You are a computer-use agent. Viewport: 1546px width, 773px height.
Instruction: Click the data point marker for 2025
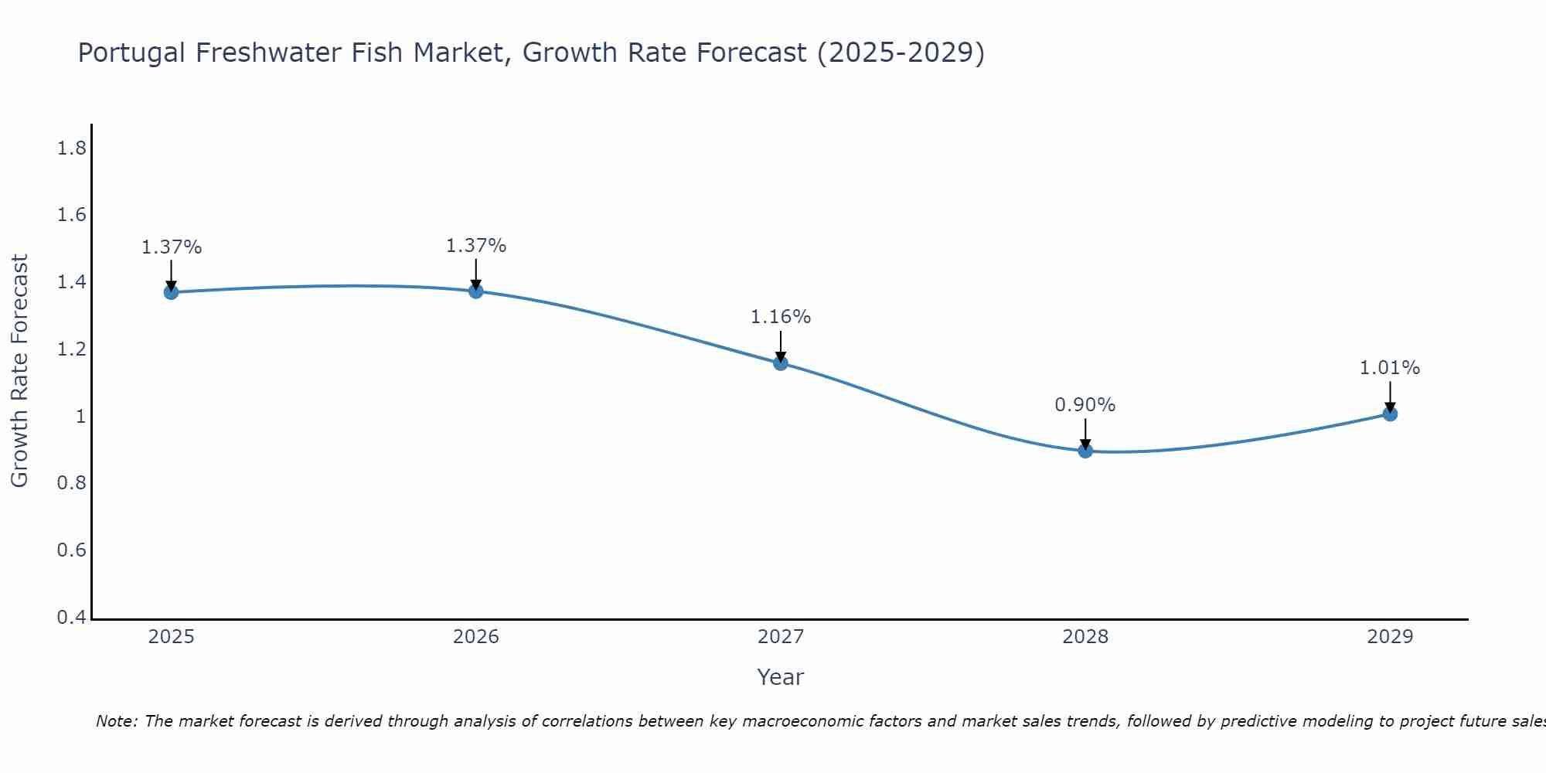171,292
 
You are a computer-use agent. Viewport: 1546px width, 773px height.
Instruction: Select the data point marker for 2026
475,291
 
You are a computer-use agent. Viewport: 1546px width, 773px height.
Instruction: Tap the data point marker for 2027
781,363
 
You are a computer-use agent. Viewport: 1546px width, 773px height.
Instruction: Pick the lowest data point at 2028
1085,451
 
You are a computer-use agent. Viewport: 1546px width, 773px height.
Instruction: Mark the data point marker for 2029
1390,414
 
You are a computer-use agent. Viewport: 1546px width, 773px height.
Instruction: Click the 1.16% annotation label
781,317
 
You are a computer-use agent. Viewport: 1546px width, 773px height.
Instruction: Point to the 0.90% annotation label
1085,405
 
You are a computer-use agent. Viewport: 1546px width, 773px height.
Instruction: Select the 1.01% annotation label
1390,368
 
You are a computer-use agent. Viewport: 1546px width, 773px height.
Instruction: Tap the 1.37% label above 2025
171,247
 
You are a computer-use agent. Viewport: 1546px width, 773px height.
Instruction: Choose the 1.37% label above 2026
475,246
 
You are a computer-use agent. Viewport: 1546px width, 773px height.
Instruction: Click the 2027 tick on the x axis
781,637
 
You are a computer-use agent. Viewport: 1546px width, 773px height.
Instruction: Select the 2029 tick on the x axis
1390,637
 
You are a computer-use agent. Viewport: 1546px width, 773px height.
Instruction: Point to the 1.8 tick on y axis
72,148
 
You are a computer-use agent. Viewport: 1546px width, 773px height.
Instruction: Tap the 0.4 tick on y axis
72,618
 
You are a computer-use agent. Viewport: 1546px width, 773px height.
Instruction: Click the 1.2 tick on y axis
72,349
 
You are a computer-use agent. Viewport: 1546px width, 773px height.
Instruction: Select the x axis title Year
781,677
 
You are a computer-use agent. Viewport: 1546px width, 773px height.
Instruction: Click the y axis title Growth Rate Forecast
19,370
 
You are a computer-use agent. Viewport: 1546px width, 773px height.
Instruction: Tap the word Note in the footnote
116,721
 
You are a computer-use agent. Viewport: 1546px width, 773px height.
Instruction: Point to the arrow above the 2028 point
1085,433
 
